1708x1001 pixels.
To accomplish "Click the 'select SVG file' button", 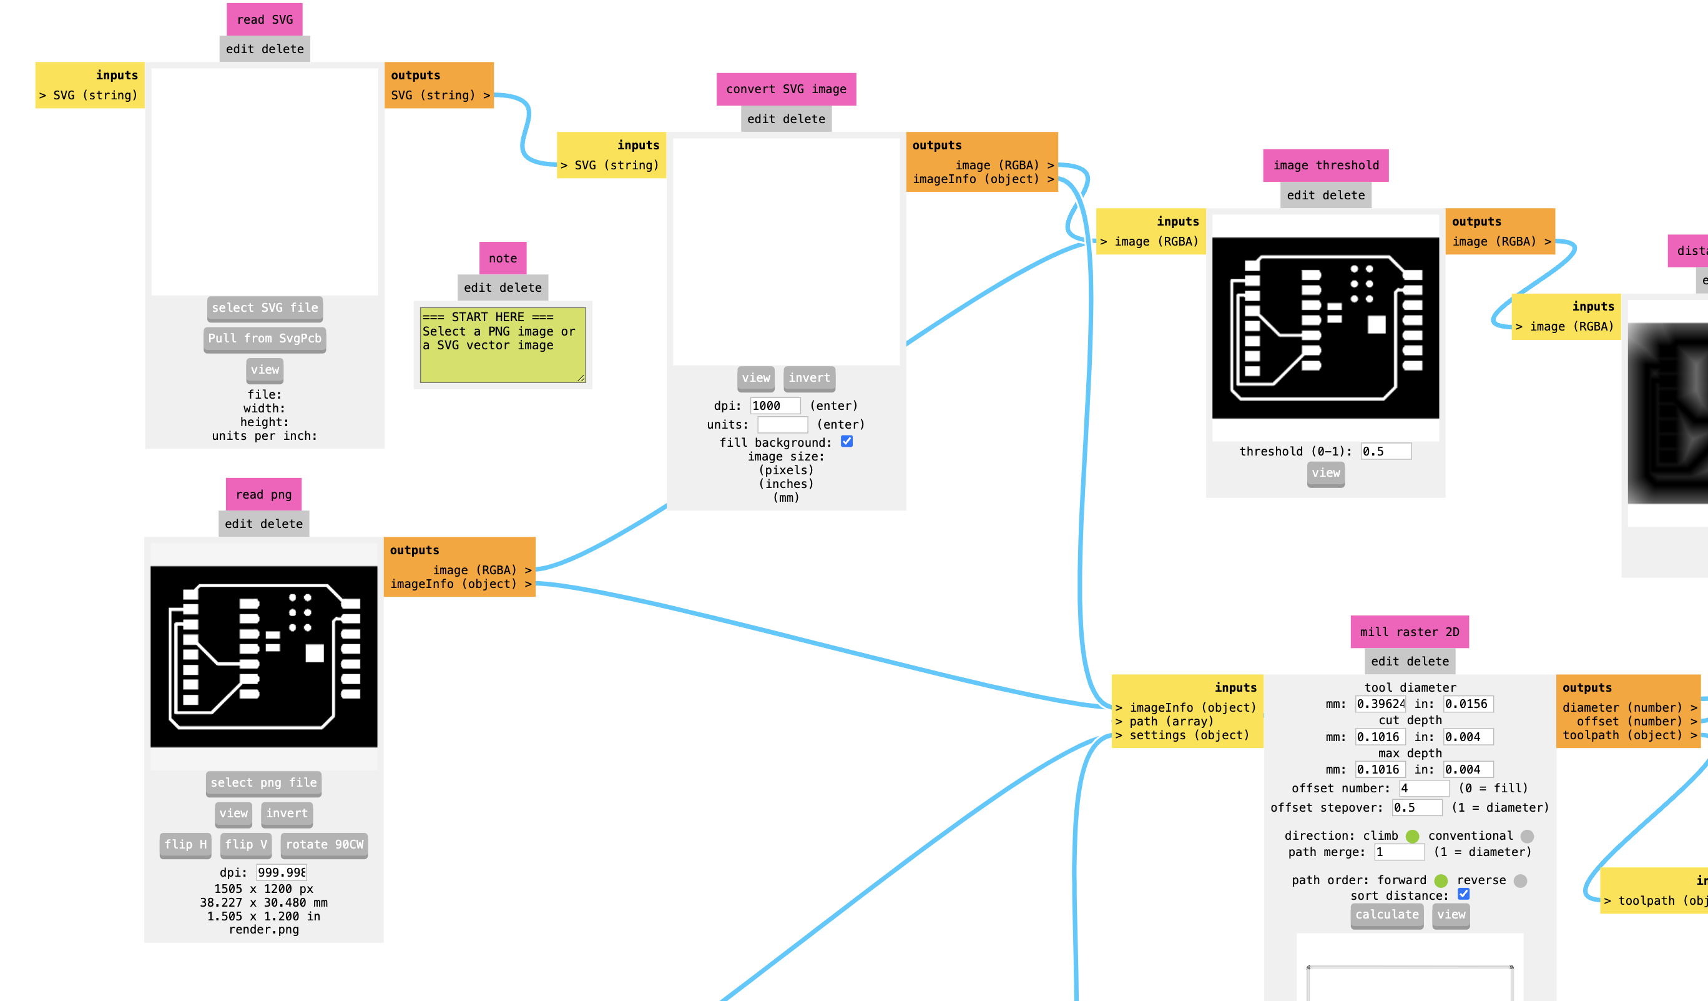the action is (265, 309).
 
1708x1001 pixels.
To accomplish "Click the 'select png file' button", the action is (263, 784).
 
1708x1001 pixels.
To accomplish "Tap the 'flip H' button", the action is (185, 845).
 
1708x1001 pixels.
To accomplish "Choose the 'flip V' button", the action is (246, 845).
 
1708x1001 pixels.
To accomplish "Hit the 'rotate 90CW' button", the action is (325, 845).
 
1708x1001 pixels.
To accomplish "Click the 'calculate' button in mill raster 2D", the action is (1387, 915).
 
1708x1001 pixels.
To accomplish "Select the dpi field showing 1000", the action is (775, 406).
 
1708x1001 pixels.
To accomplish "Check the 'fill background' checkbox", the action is (847, 442).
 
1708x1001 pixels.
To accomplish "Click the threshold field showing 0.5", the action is (1386, 451).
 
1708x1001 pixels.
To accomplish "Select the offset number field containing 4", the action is (1425, 788).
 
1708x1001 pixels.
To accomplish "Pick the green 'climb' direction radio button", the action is (1413, 836).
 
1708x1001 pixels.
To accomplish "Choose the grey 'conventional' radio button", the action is (1527, 836).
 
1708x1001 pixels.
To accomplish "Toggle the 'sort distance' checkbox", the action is (1463, 894).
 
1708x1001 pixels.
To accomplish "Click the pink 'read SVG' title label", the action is (265, 19).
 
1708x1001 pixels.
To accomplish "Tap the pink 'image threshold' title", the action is (1326, 166).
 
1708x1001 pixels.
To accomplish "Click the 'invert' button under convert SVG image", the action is (809, 379).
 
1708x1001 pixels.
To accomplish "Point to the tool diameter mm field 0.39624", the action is (1381, 704).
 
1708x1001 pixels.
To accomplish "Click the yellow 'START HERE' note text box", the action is (503, 345).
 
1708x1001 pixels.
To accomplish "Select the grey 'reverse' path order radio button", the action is (1520, 881).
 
